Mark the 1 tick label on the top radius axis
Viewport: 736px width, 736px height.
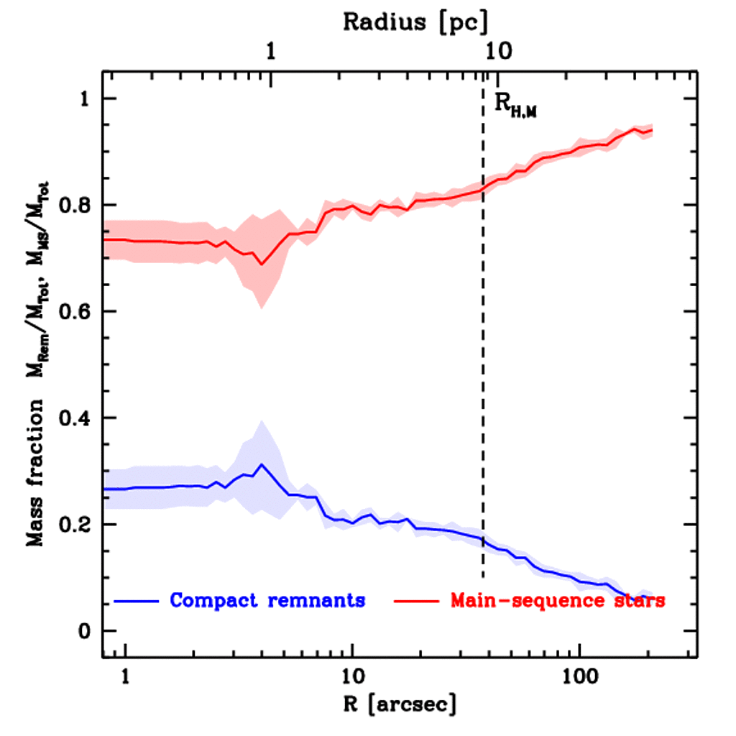pyautogui.click(x=270, y=52)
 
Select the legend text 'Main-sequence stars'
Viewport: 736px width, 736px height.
pyautogui.click(x=557, y=600)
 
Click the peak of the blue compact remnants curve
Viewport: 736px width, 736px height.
pyautogui.click(x=262, y=464)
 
